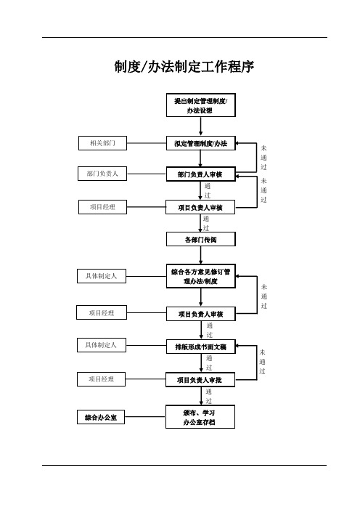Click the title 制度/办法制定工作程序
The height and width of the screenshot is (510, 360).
pos(184,67)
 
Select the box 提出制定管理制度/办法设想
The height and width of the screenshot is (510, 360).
pos(201,105)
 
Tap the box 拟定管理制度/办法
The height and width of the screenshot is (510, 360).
pos(201,143)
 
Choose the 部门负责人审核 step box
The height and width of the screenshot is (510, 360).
pos(201,174)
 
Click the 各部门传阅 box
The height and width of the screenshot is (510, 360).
pos(201,240)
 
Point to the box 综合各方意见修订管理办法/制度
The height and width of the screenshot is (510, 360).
pos(201,276)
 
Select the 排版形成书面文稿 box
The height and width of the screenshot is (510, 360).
pos(201,347)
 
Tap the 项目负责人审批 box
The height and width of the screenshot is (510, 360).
pos(200,380)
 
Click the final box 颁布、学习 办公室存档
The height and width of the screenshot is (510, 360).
pos(200,417)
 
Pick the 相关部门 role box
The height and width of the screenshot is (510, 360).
pos(102,143)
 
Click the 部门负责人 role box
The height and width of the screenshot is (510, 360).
pos(102,174)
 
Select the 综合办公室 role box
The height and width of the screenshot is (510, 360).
pos(101,417)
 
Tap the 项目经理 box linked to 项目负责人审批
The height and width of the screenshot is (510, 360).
pos(101,379)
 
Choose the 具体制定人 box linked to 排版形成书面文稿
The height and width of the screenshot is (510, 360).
pos(102,345)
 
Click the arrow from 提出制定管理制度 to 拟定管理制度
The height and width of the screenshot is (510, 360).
pos(201,126)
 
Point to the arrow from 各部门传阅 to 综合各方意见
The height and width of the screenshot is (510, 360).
pos(201,255)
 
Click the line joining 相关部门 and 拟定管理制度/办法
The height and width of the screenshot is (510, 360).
pos(146,143)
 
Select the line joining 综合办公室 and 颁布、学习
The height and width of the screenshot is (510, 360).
pos(145,417)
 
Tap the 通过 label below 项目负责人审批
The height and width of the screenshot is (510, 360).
pos(208,396)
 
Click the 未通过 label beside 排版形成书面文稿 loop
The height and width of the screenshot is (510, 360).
pos(262,362)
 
